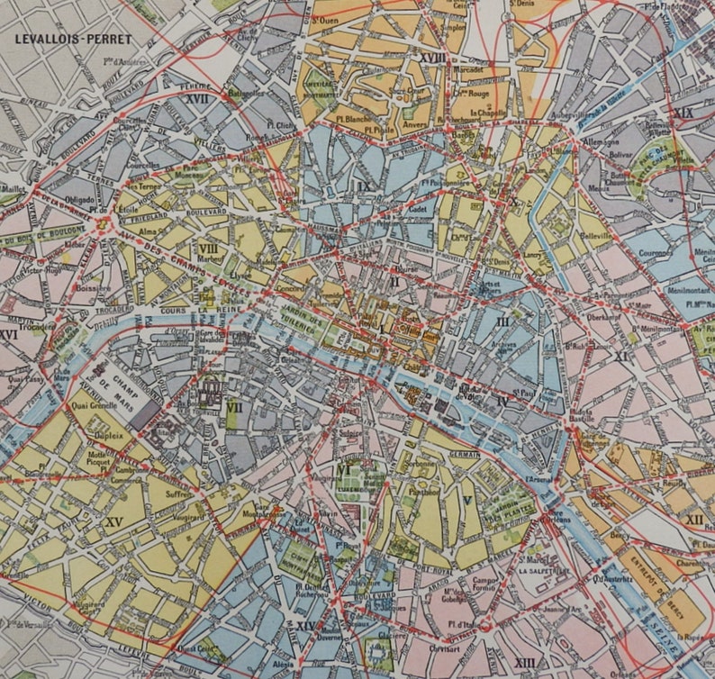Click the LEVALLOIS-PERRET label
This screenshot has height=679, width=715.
click(x=73, y=39)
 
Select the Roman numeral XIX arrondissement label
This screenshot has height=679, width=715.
click(x=683, y=113)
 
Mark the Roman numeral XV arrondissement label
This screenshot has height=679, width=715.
click(x=113, y=521)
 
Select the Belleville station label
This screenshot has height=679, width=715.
click(x=593, y=236)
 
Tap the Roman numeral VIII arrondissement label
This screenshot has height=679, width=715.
click(x=208, y=249)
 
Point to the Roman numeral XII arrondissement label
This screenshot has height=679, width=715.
click(x=693, y=520)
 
